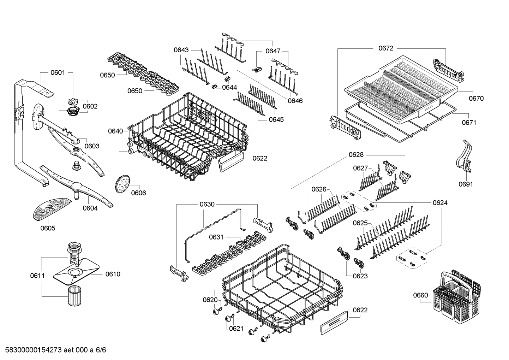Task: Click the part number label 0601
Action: point(58,73)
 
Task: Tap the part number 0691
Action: point(466,184)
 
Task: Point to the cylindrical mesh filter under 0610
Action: point(75,295)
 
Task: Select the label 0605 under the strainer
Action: point(48,228)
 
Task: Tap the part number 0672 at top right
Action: point(385,48)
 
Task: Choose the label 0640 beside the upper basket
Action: point(115,131)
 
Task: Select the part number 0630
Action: point(207,204)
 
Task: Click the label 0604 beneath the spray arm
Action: point(90,208)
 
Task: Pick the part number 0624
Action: point(440,202)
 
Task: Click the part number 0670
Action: point(476,99)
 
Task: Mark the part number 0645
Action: point(276,119)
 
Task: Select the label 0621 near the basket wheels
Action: point(236,329)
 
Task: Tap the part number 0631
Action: point(216,237)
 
